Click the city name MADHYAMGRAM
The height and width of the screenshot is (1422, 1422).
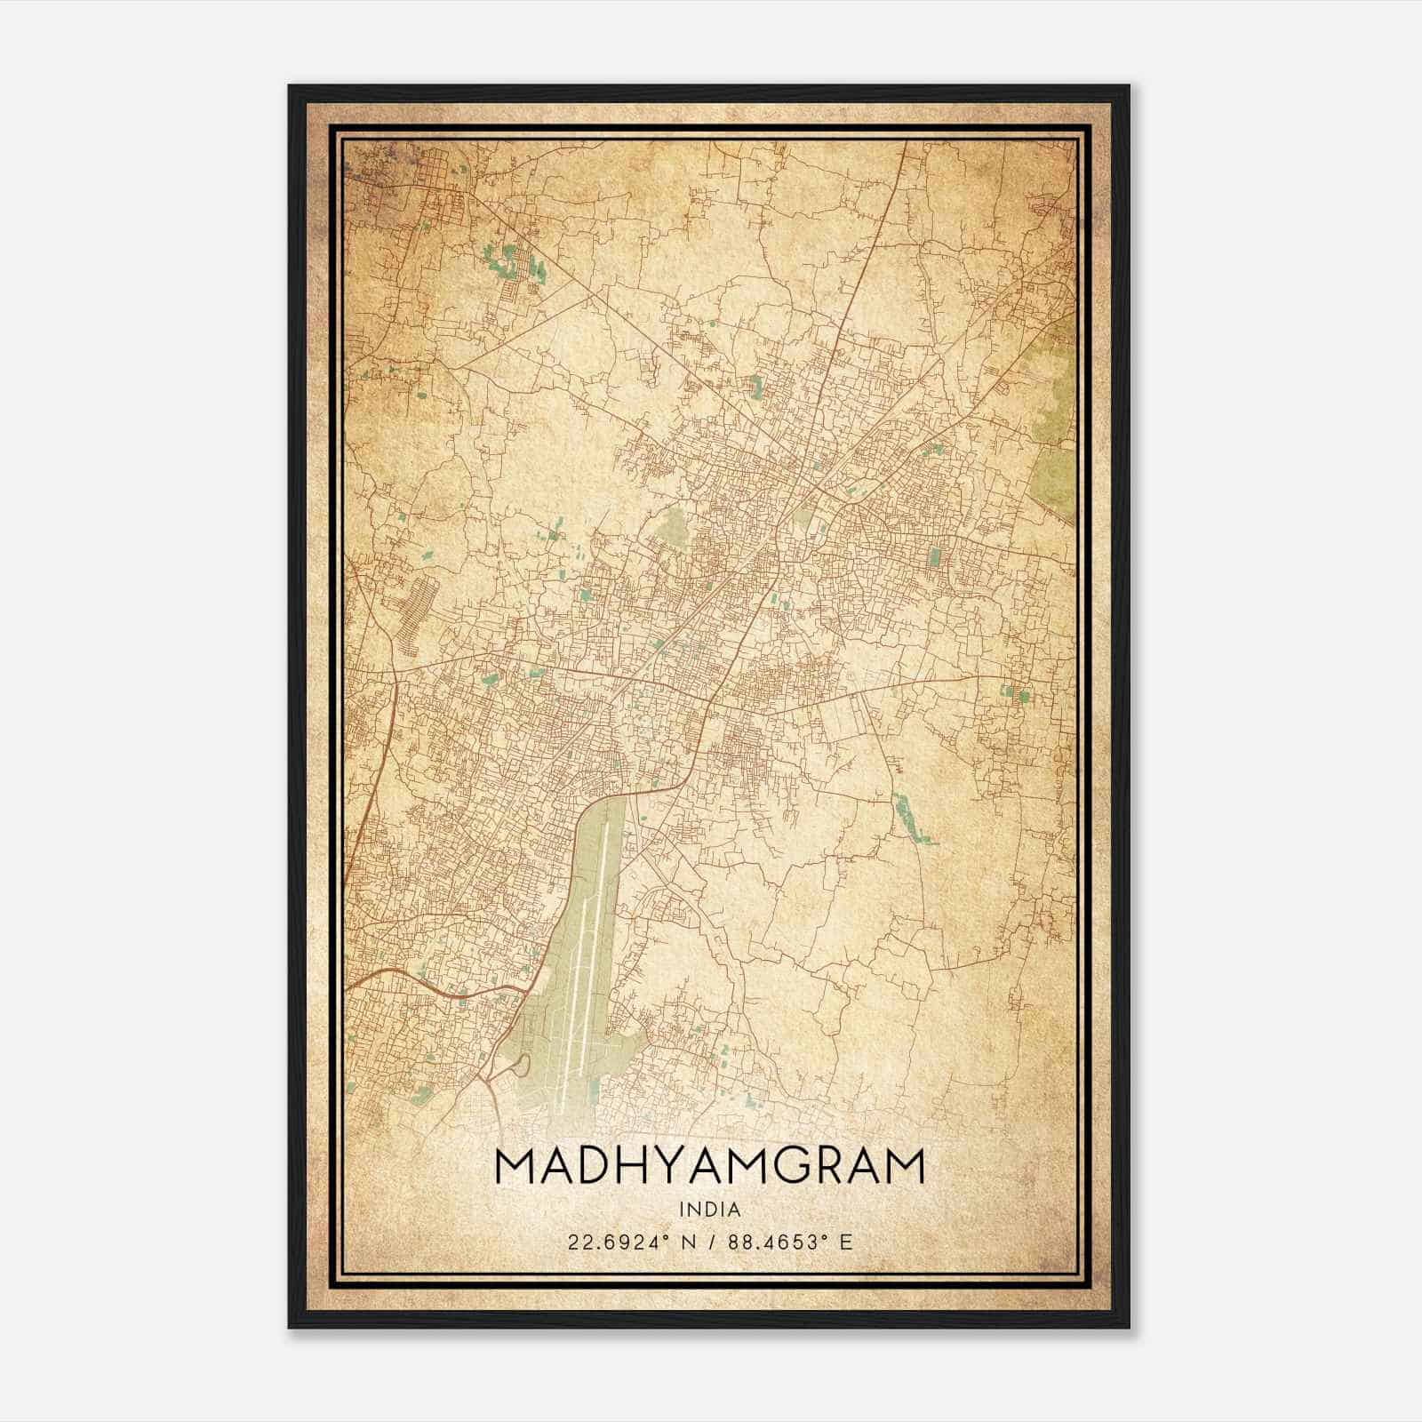709,1167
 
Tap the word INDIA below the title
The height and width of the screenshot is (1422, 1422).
709,1210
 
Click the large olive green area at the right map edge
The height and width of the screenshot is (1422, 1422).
1056,427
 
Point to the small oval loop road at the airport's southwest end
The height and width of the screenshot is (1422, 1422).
522,1064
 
